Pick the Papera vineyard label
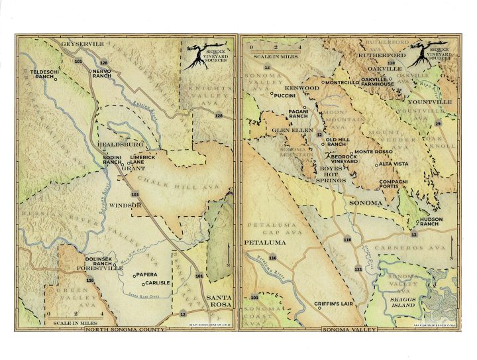pyautogui.click(x=147, y=274)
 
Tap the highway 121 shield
pyautogui.click(x=358, y=269)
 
